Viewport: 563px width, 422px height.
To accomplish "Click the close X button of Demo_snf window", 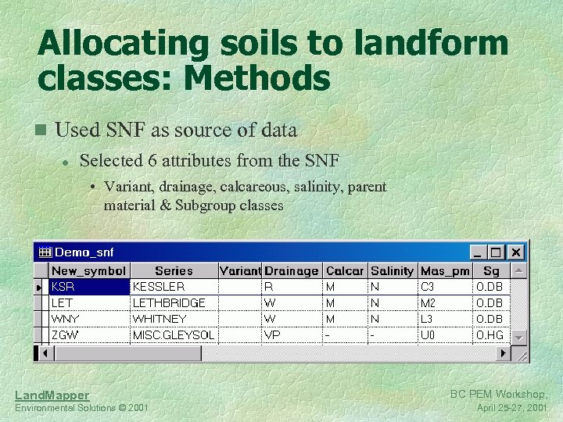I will click(516, 252).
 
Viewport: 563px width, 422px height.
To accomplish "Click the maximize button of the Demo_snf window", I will click(497, 252).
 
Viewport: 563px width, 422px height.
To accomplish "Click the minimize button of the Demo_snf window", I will click(478, 252).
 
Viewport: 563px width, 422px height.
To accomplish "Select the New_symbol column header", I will click(88, 270).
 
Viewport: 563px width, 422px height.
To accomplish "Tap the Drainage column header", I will click(292, 270).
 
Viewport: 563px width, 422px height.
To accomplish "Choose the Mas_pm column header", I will click(445, 270).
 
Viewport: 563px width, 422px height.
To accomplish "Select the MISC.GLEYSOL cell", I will click(174, 334).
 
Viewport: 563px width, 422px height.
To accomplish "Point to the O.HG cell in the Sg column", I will click(489, 334).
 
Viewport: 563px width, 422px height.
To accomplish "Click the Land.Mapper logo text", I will click(52, 395).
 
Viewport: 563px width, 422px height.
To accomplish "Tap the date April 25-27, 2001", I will click(511, 408).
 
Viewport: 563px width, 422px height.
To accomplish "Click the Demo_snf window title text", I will click(84, 252).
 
